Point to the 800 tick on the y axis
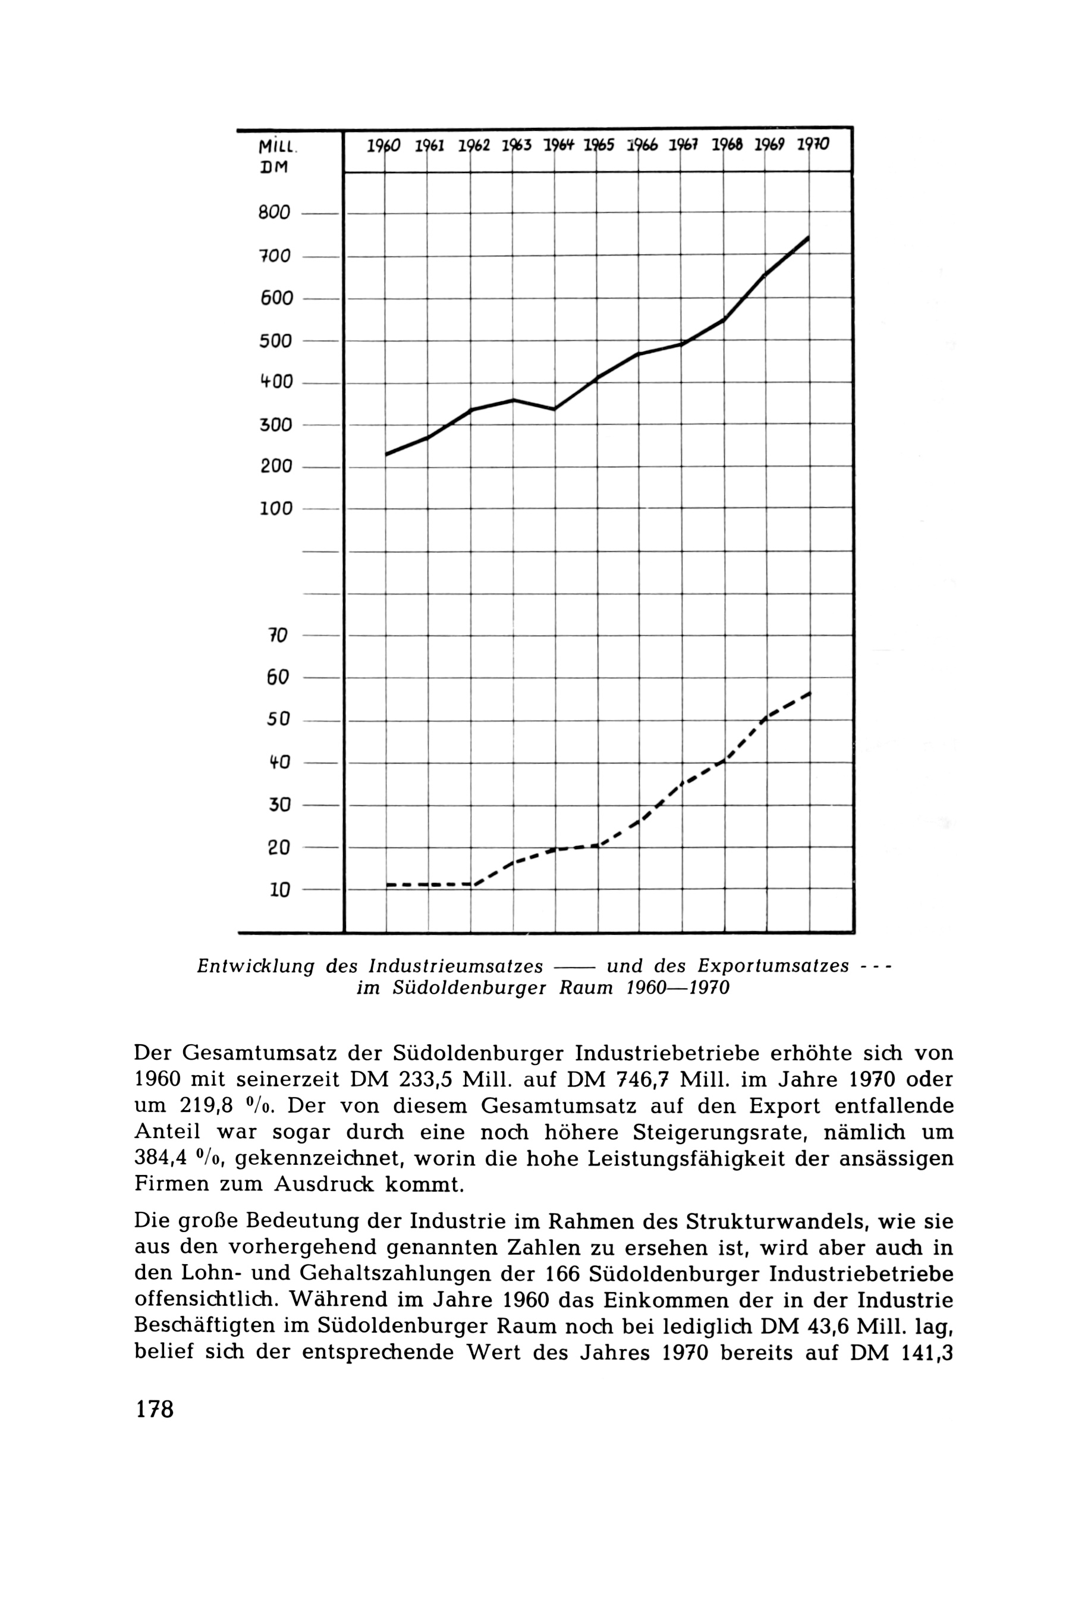(x=275, y=213)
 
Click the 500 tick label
(x=275, y=341)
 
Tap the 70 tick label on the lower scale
(x=278, y=635)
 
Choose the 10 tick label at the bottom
(x=279, y=890)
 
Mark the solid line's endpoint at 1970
(x=809, y=237)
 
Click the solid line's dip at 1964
(x=555, y=409)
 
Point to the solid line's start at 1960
(x=386, y=454)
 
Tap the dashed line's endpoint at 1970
(x=809, y=693)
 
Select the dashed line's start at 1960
(x=387, y=884)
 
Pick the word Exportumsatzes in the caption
(x=773, y=966)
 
